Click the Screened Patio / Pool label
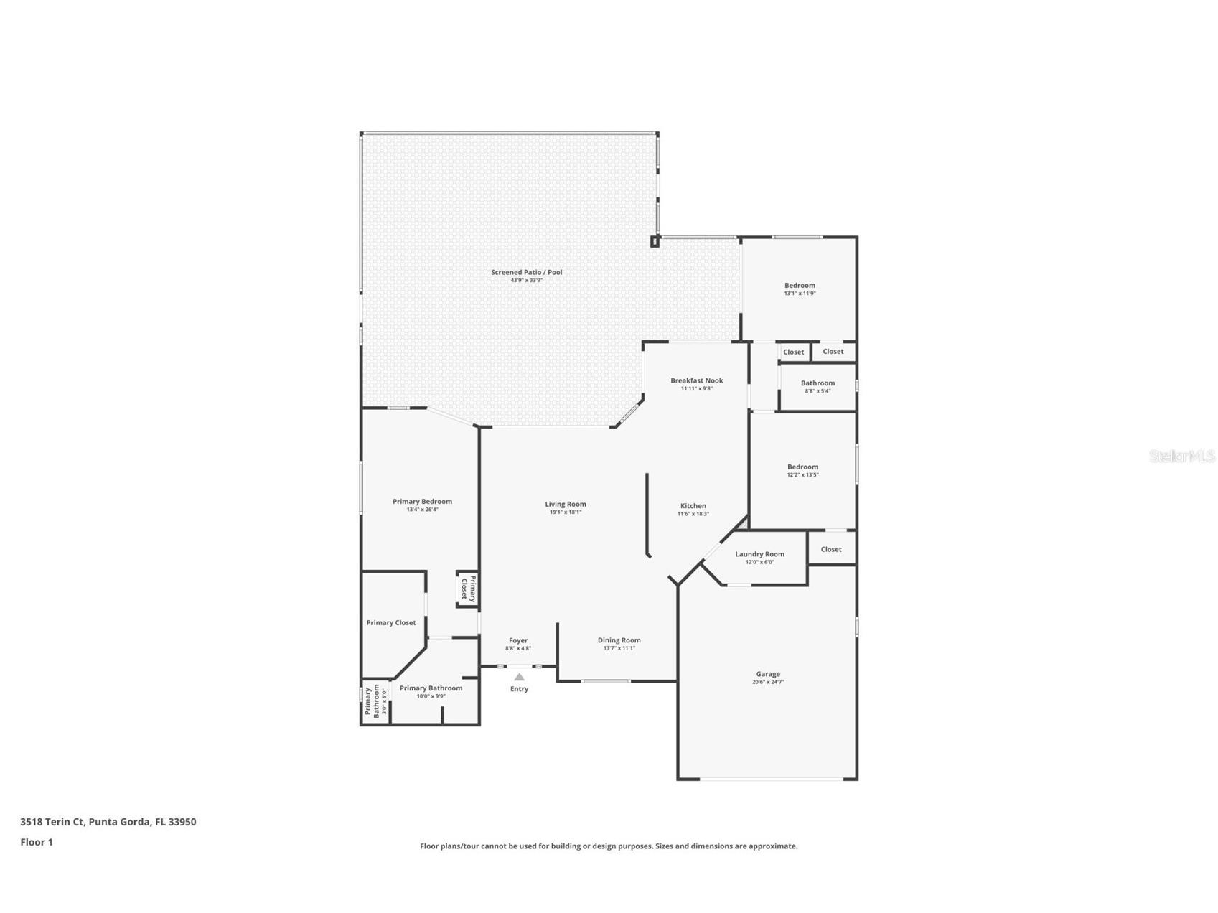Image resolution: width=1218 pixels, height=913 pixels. pos(526,272)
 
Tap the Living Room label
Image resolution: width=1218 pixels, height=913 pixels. pos(565,504)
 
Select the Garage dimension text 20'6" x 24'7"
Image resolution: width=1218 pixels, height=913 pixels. pos(767,682)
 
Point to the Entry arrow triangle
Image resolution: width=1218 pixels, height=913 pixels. pos(519,676)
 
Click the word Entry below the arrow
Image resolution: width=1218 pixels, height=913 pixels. pos(519,689)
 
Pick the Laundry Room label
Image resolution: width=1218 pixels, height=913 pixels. pos(759,554)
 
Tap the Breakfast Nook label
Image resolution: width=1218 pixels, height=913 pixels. pos(696,380)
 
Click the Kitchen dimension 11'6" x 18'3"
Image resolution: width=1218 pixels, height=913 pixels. pos(693,514)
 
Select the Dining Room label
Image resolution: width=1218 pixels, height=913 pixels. pos(619,640)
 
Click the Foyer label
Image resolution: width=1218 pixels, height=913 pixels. pos(517,640)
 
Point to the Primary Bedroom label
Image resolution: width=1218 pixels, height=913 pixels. pos(422,502)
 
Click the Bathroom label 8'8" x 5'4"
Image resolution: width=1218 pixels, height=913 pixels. pos(818,383)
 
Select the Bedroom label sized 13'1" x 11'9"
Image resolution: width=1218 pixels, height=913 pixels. pos(800,286)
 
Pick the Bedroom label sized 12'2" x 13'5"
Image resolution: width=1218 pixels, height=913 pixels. pos(802,467)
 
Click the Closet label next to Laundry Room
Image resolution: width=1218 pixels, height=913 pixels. pos(831,549)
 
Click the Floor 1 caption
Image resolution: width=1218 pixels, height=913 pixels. pos(37,842)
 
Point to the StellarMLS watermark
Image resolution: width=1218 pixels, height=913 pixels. pos(1181,456)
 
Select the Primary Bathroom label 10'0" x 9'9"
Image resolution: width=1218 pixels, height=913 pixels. pos(431,688)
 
